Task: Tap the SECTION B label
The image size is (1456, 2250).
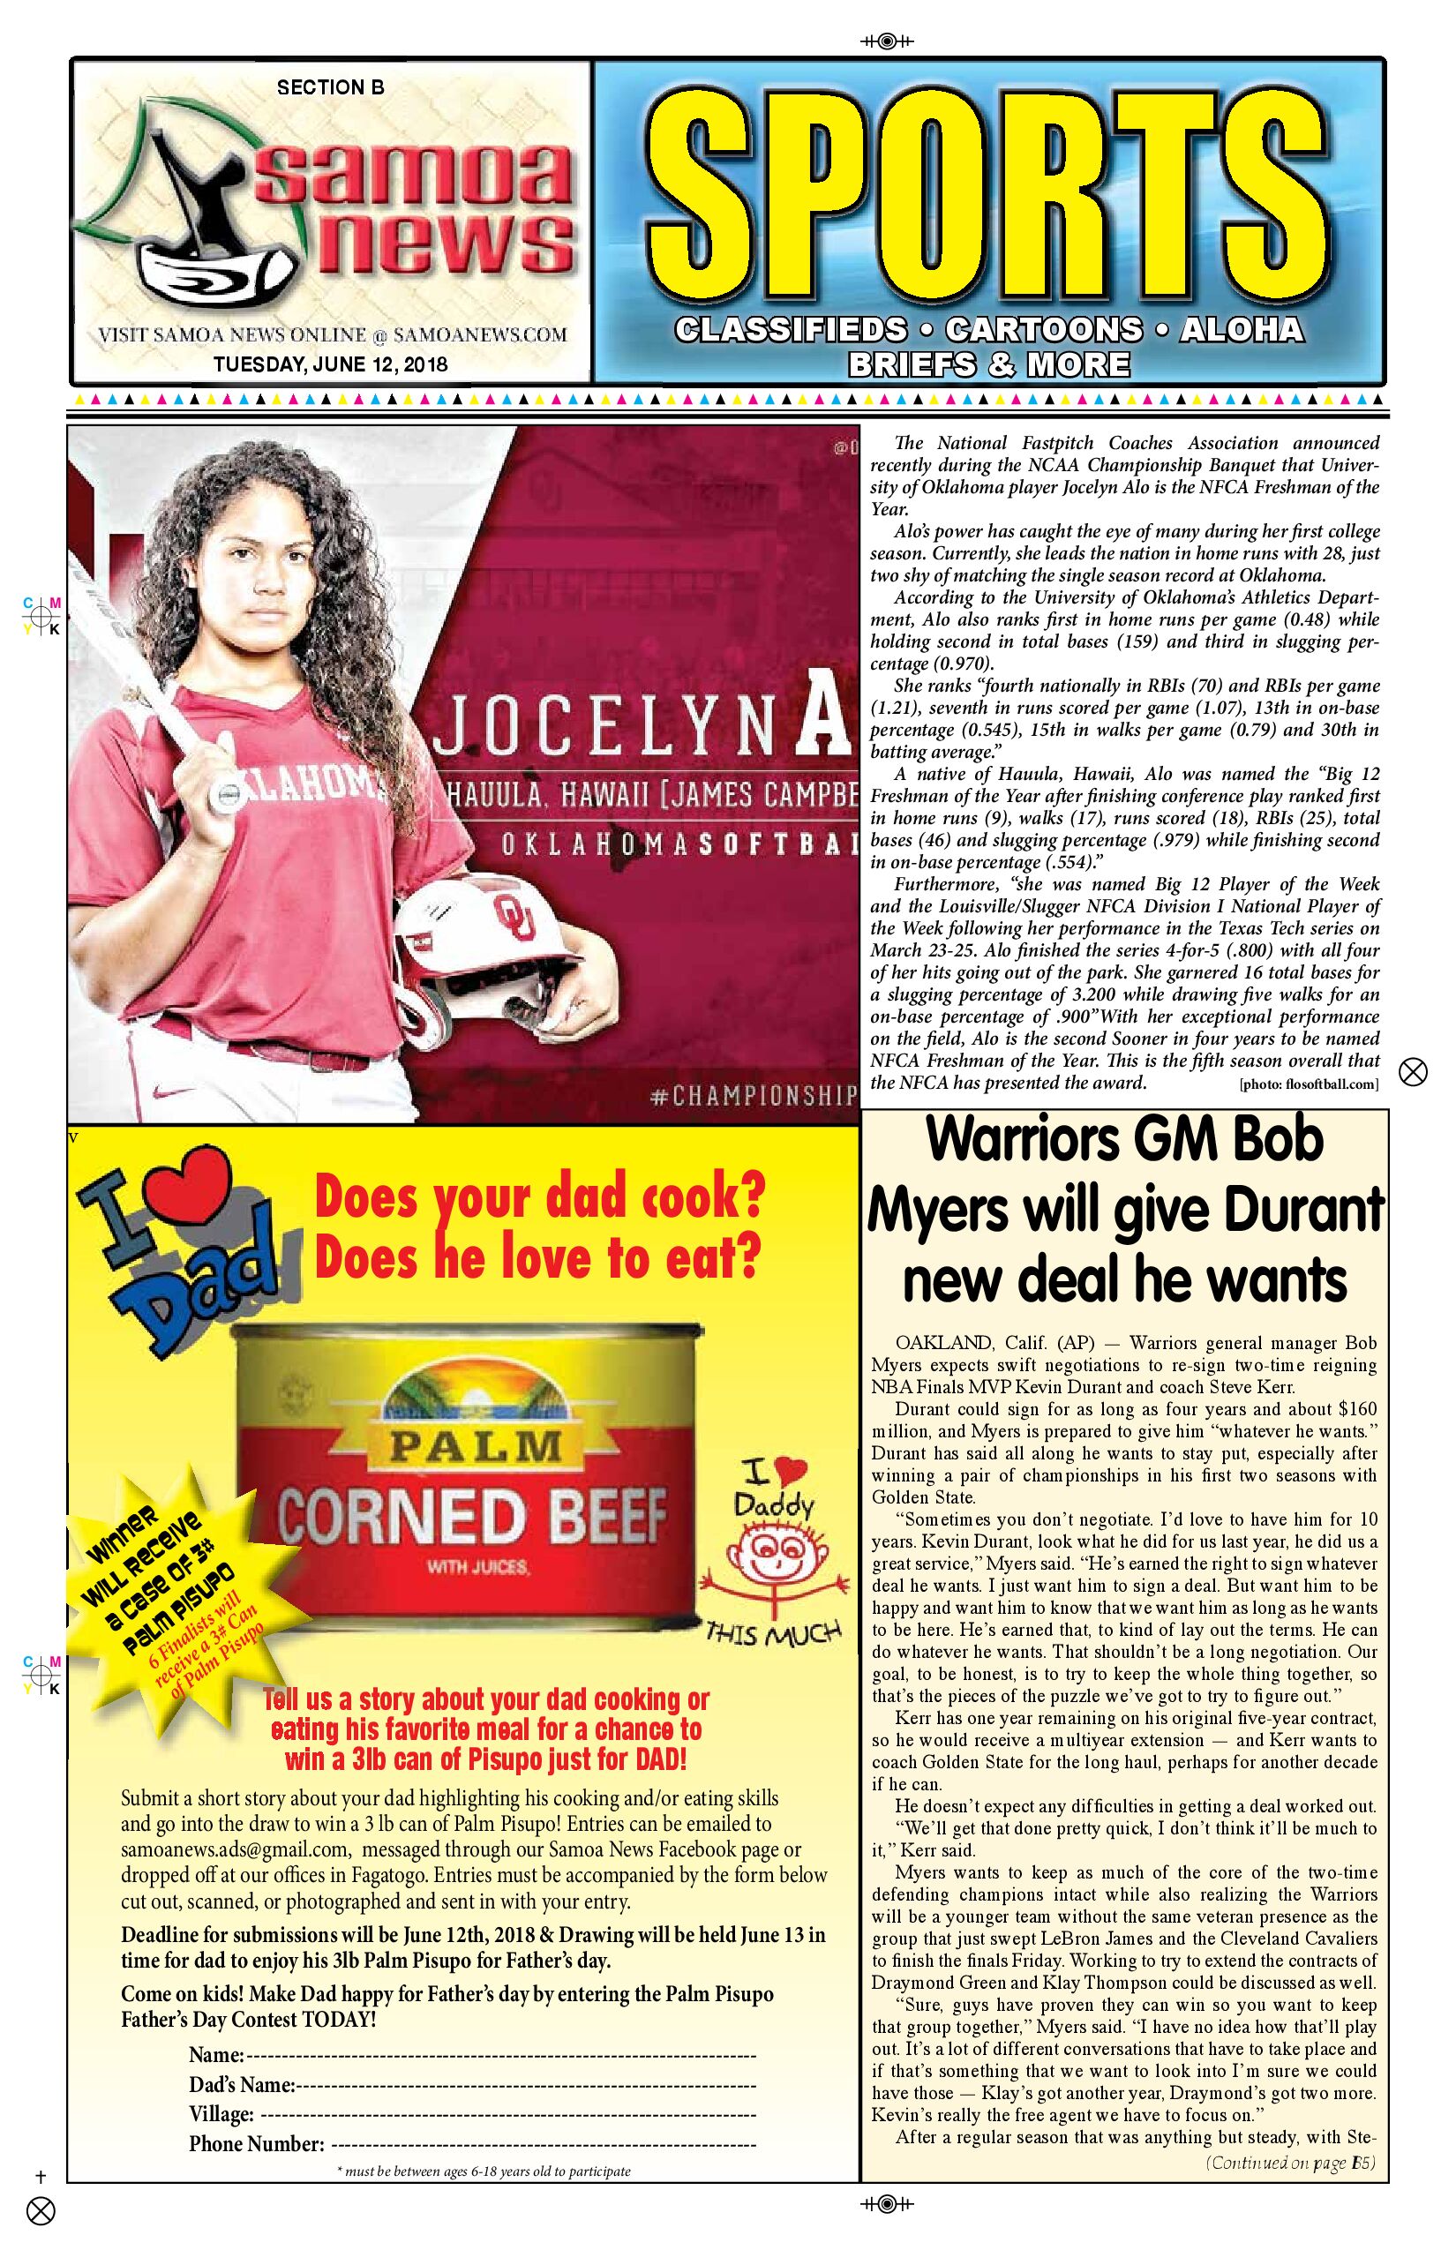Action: tap(331, 88)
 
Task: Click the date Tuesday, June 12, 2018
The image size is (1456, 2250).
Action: tap(330, 364)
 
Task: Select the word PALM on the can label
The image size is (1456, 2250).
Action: tap(472, 1446)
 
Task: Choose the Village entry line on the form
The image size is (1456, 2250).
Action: tap(507, 2114)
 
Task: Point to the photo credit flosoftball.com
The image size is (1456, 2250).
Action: tap(1309, 1084)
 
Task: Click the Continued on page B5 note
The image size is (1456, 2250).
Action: tap(1290, 2163)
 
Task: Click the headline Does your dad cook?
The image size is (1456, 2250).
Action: tap(539, 1196)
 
